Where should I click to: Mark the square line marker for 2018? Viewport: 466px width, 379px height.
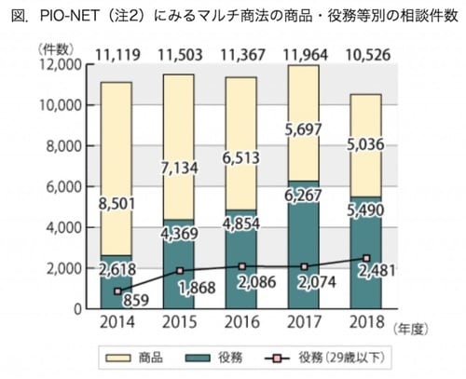click(x=367, y=258)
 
